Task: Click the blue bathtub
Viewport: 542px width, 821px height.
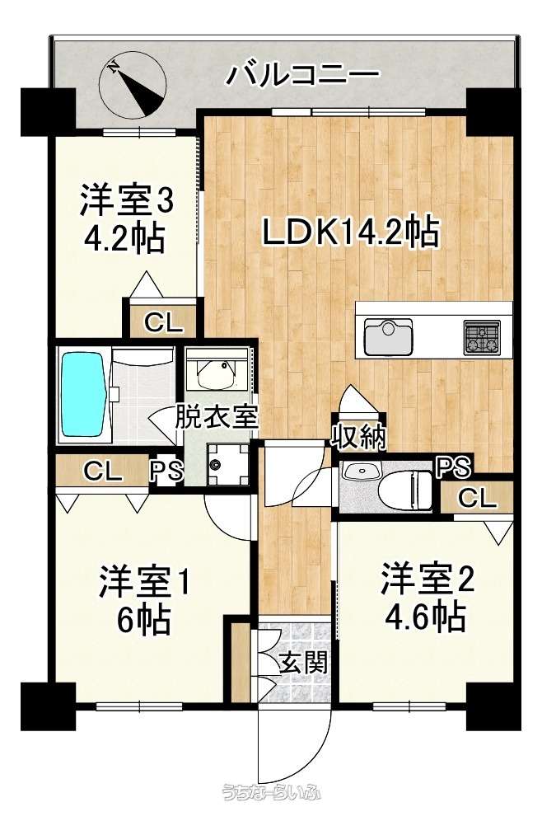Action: point(82,394)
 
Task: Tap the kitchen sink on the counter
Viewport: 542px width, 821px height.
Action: point(388,336)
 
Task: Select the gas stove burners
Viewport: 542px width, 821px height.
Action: point(481,336)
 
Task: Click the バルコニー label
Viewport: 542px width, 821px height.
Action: point(301,74)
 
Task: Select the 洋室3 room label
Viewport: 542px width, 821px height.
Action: point(126,200)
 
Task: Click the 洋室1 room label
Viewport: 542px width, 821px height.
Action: point(143,580)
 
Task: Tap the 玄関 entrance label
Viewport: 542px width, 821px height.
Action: point(303,664)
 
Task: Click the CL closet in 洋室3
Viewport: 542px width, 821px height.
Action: point(164,323)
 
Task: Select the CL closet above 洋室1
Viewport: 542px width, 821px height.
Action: point(102,471)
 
